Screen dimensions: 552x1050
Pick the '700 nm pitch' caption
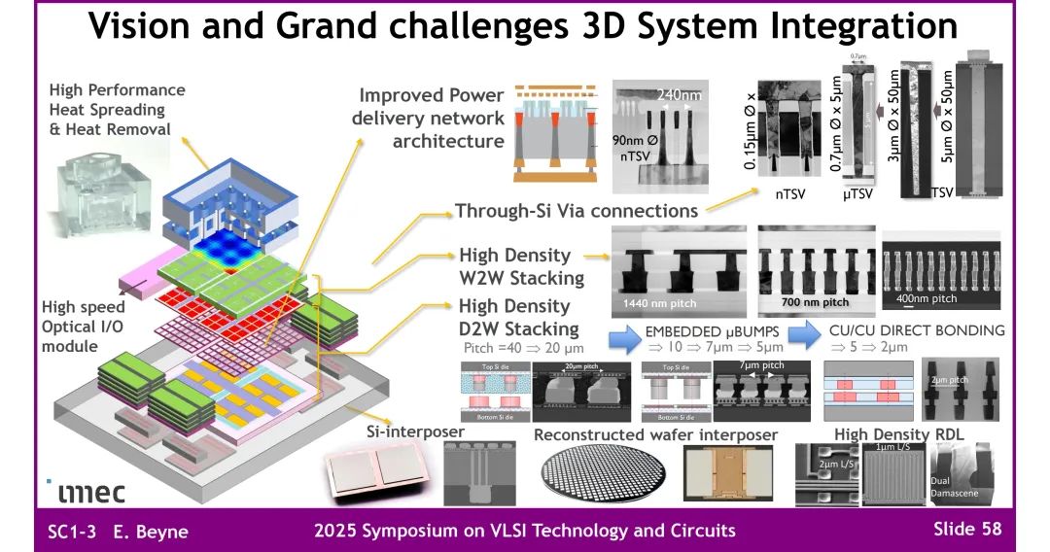point(815,302)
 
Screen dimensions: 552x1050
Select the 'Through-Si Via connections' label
point(577,210)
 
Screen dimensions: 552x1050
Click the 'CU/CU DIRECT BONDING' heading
point(916,330)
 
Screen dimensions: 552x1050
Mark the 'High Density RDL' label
point(893,433)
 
